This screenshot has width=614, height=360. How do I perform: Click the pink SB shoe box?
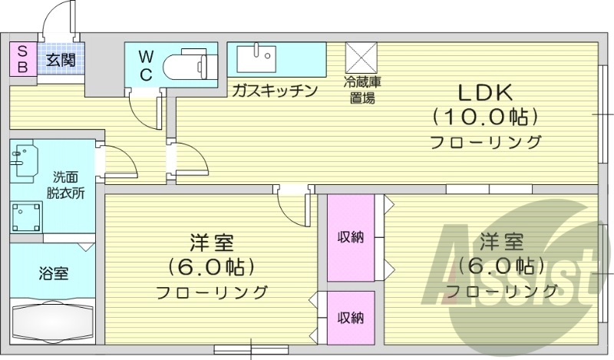[22, 58]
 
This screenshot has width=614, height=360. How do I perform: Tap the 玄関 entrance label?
[60, 58]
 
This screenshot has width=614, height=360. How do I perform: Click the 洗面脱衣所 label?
[64, 184]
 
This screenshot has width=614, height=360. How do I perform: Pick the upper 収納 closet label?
[351, 237]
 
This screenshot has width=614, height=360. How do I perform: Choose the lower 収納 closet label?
[351, 317]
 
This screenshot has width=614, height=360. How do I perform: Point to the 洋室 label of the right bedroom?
[502, 243]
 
